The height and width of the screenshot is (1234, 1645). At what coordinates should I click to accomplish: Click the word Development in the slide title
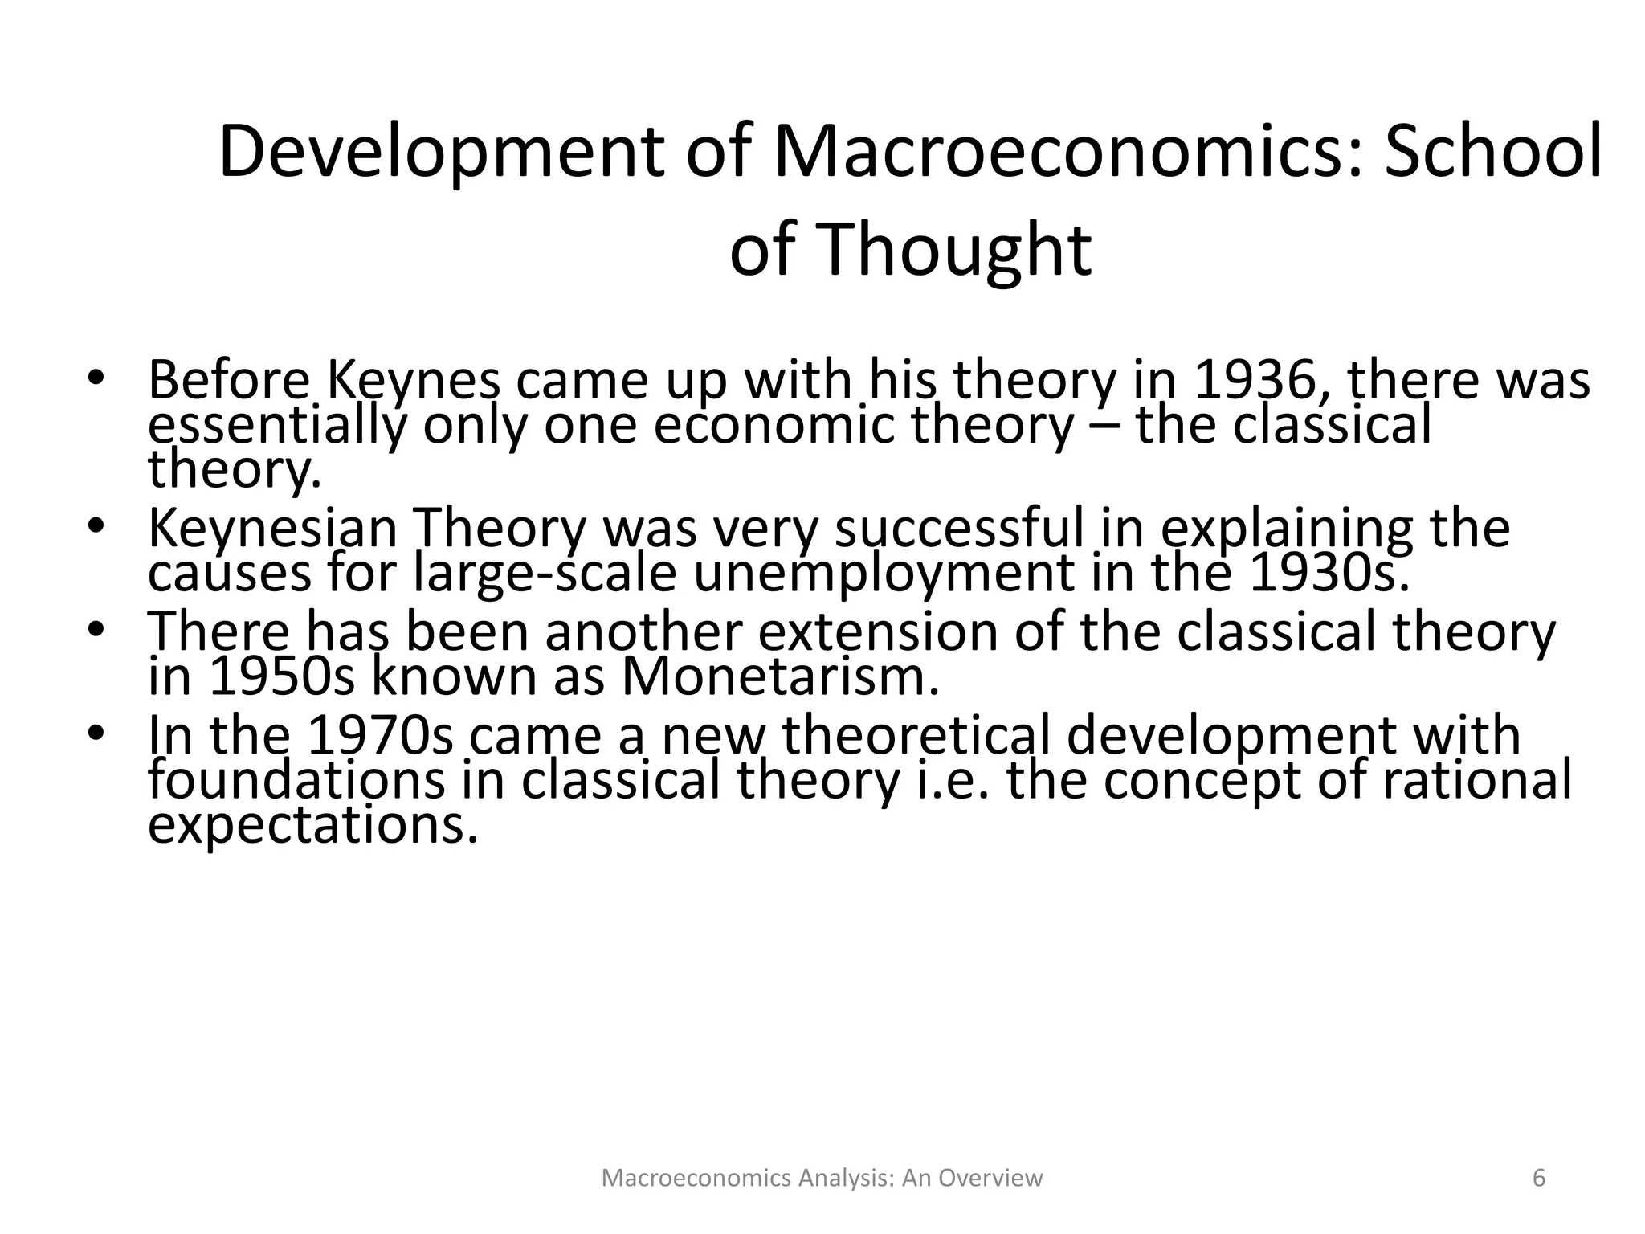(440, 153)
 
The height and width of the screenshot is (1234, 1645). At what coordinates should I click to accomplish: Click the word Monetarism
(780, 676)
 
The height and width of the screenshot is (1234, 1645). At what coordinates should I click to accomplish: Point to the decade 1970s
(382, 735)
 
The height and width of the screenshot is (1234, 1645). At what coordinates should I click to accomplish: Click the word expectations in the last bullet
(313, 825)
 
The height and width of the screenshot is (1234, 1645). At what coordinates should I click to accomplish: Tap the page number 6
(1539, 1179)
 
